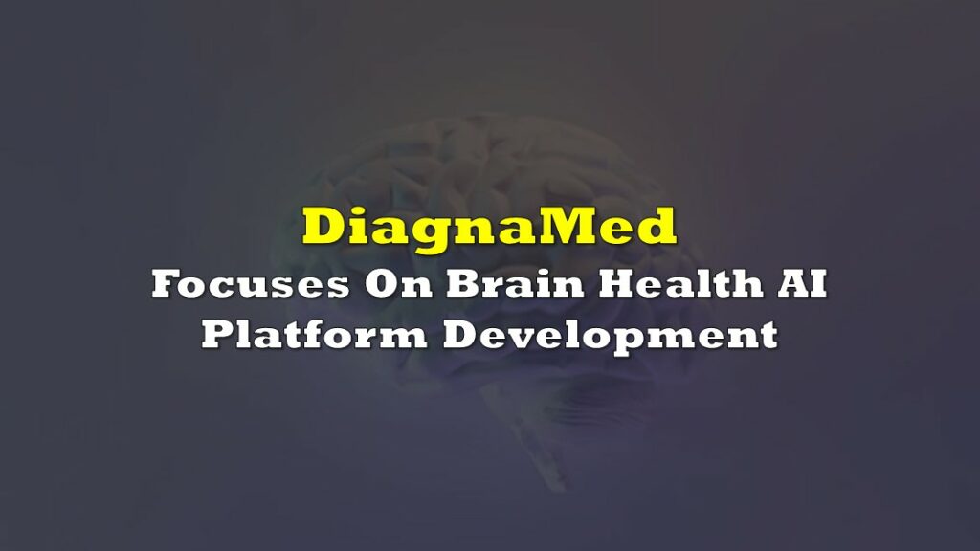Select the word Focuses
250,283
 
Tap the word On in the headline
398,283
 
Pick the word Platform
314,334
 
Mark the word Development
611,336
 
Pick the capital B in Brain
464,283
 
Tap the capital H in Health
619,283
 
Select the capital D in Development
461,334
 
